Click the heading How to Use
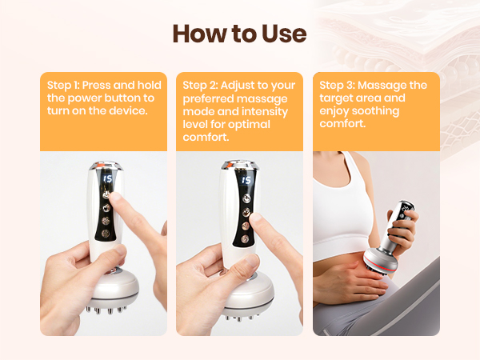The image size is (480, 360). pos(239,34)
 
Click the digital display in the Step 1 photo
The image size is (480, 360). pos(104,180)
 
